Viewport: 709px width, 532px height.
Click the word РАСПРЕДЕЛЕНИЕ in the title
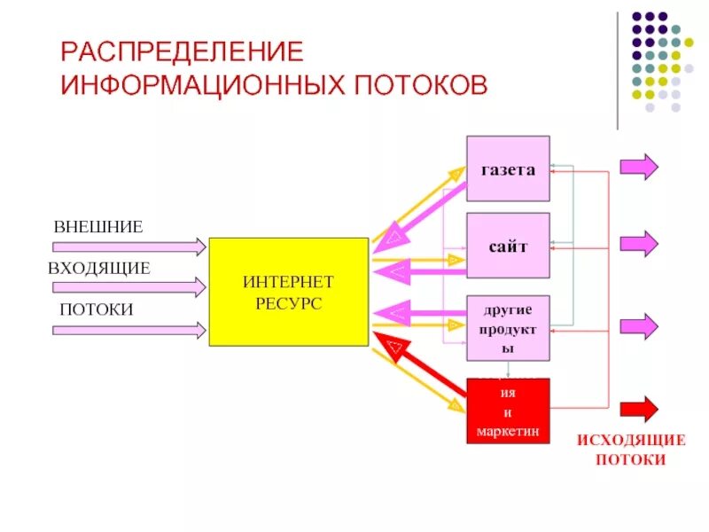pyautogui.click(x=181, y=50)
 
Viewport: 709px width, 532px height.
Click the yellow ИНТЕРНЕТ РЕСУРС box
pyautogui.click(x=288, y=291)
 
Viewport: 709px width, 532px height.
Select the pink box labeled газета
pyautogui.click(x=508, y=169)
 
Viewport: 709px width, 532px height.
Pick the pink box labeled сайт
pyautogui.click(x=508, y=246)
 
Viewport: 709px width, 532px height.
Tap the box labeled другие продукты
pyautogui.click(x=508, y=328)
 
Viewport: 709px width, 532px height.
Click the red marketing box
pyautogui.click(x=508, y=411)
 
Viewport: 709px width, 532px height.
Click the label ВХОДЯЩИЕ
pyautogui.click(x=99, y=268)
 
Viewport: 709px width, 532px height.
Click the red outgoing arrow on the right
pyautogui.click(x=638, y=409)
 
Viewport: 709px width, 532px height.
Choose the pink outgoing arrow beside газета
pyautogui.click(x=638, y=167)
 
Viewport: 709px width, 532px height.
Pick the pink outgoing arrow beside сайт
pyautogui.click(x=638, y=243)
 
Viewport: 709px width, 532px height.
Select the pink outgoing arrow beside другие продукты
pyautogui.click(x=638, y=326)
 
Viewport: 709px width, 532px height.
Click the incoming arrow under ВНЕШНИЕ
pyautogui.click(x=129, y=245)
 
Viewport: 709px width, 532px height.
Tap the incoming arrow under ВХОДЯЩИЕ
pyautogui.click(x=129, y=287)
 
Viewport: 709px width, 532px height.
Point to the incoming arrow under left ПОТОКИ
pyautogui.click(x=129, y=330)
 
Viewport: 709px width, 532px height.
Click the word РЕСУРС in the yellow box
pyautogui.click(x=289, y=303)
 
